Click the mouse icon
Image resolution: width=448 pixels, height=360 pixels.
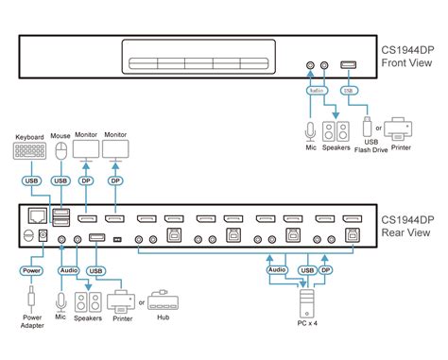click(x=61, y=151)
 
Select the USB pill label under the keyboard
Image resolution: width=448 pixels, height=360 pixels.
click(x=29, y=180)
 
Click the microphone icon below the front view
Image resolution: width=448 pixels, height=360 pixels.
click(x=310, y=129)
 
